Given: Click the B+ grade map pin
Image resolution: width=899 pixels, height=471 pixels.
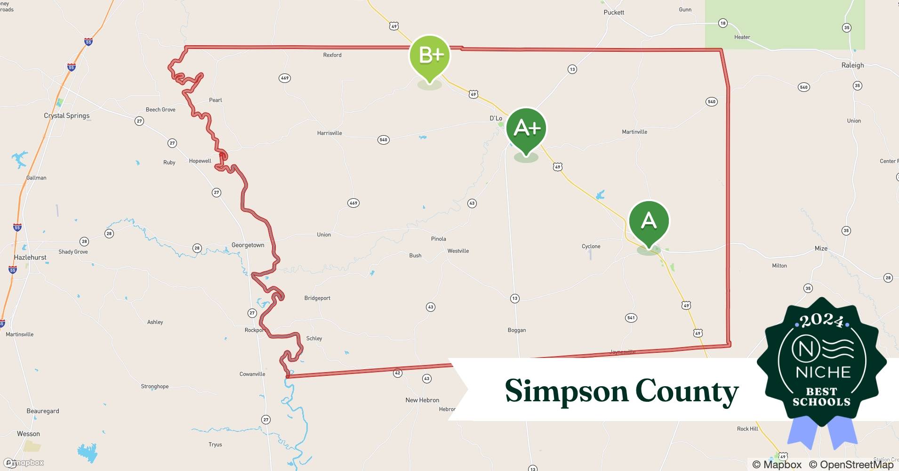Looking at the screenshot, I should (x=430, y=56).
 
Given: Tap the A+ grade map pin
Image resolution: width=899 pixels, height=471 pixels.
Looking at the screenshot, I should (x=526, y=128).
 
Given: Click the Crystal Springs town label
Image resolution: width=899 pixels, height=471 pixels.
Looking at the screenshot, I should (x=66, y=116).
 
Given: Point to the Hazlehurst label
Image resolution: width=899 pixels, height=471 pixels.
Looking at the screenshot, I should (x=30, y=258).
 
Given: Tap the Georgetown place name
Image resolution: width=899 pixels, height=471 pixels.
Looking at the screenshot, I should (x=248, y=245).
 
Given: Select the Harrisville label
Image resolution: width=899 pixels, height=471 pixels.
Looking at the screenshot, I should (x=329, y=133).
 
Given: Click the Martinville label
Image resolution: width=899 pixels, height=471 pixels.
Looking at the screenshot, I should (x=634, y=132).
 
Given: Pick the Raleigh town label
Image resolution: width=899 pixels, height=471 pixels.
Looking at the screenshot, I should (x=852, y=65).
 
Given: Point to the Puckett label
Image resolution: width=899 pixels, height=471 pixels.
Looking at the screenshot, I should (x=614, y=12).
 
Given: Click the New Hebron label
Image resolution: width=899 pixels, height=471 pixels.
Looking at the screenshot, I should (x=422, y=400).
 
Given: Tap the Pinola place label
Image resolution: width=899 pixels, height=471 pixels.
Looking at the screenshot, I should (x=438, y=239).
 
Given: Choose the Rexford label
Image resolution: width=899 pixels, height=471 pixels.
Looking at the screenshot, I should (x=332, y=55).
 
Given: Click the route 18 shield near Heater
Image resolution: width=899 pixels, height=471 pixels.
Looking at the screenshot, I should (x=722, y=23).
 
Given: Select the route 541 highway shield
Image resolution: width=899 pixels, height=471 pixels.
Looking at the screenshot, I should (x=631, y=318).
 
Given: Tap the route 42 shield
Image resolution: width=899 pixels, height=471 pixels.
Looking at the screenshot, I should (x=397, y=373).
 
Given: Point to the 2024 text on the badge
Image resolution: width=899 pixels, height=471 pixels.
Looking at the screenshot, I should (x=821, y=320).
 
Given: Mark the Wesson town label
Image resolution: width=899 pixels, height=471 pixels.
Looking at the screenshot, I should (x=28, y=434).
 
